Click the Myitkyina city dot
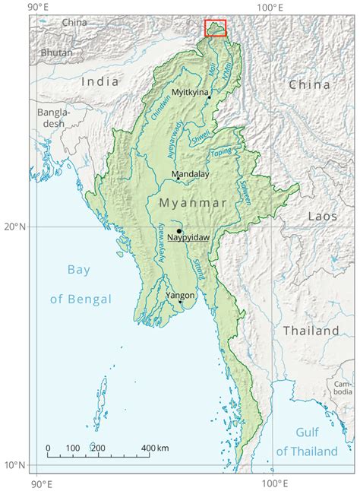coord(209,97)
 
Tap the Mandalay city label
coord(190,174)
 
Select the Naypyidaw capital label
coord(188,239)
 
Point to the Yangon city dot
coord(180,302)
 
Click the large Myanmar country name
coord(193,203)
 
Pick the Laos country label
coord(322,217)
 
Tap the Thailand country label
coord(311,331)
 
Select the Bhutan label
coord(57,52)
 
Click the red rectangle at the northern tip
coord(216,27)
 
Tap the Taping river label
coord(221,152)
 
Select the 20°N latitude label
coord(14,226)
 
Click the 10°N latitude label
coord(14,464)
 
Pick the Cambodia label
coord(343,388)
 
